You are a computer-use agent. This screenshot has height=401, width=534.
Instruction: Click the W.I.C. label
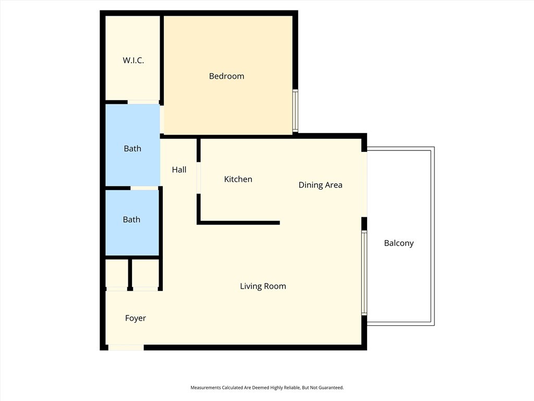133,61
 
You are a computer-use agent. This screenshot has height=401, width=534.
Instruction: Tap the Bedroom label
226,76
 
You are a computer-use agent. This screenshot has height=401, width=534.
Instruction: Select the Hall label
179,170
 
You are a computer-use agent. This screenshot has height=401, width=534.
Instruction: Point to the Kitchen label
238,179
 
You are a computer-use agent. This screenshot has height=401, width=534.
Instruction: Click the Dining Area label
320,185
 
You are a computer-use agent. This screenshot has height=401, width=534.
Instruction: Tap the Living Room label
263,286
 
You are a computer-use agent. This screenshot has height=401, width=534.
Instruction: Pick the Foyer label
136,318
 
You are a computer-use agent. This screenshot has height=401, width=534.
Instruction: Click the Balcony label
398,243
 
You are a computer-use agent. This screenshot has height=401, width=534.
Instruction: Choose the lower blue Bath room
132,222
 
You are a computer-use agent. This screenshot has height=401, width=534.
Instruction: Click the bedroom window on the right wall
295,111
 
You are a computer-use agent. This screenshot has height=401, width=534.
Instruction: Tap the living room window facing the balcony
365,273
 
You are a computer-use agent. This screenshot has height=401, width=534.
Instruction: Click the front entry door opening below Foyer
126,347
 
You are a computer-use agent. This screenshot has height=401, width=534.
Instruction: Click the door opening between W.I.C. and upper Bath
143,102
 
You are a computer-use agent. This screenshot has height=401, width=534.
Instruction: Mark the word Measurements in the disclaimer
205,388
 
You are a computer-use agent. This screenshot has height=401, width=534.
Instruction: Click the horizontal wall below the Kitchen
239,223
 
